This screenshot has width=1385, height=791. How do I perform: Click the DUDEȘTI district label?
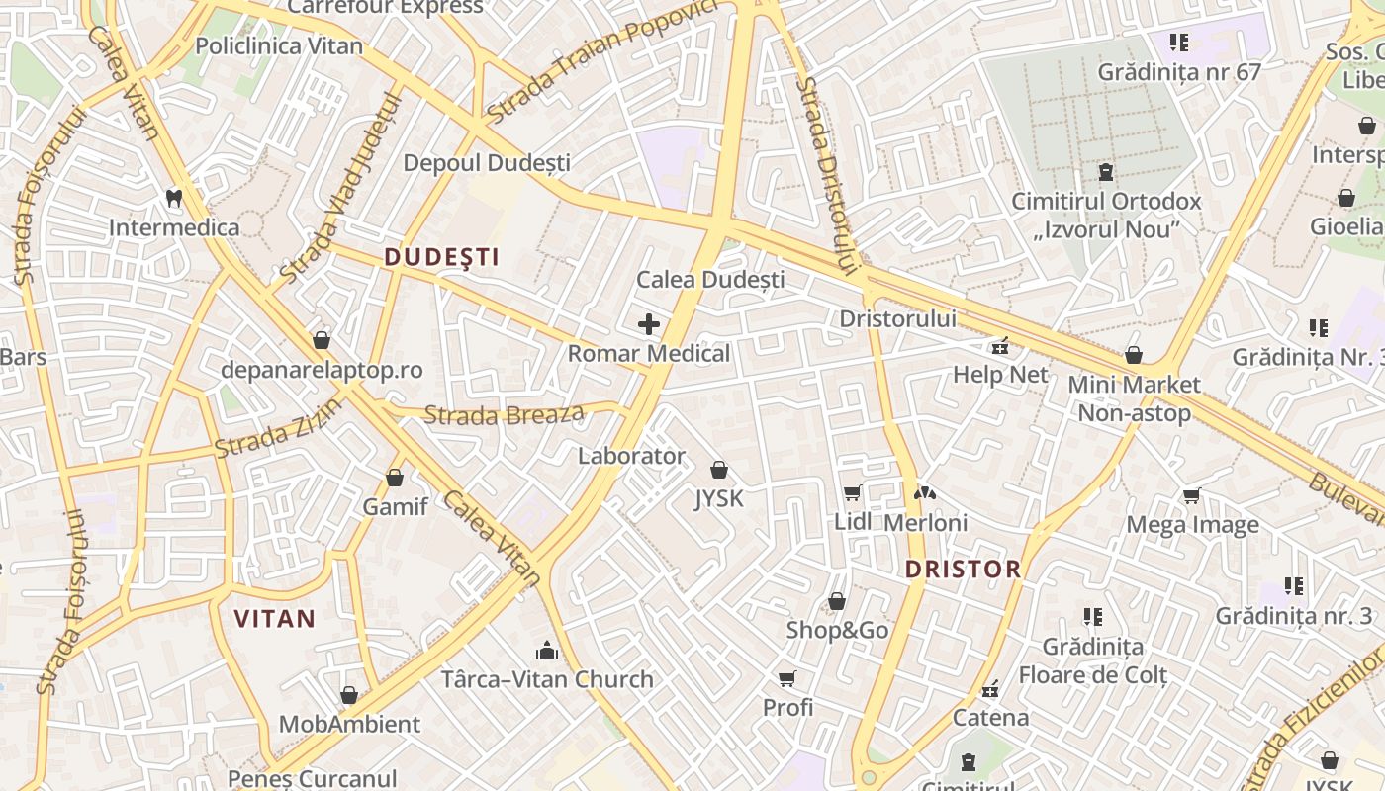click(x=441, y=257)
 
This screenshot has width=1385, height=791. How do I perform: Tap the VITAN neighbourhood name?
click(x=274, y=620)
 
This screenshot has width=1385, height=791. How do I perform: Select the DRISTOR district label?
click(x=963, y=569)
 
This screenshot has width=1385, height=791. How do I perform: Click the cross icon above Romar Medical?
click(x=649, y=324)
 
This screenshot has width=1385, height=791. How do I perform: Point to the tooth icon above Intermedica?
click(x=174, y=199)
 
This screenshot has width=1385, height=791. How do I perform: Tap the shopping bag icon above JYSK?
click(x=719, y=470)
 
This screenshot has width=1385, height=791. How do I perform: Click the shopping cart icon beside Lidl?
click(x=852, y=492)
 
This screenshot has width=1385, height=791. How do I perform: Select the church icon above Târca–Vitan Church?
click(x=547, y=651)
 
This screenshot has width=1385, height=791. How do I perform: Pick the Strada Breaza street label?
click(x=504, y=414)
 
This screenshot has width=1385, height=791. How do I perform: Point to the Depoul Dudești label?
click(x=487, y=162)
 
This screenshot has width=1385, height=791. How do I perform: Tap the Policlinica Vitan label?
click(x=279, y=45)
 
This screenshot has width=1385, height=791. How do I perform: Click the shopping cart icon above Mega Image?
click(x=1192, y=495)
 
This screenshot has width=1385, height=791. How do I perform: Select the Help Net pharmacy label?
click(x=1000, y=375)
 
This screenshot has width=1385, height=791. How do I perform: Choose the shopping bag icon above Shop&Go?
click(x=837, y=601)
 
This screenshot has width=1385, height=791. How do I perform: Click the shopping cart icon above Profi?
click(x=787, y=678)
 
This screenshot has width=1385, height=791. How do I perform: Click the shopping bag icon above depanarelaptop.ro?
click(x=322, y=341)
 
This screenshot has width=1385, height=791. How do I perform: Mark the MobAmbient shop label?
click(x=349, y=724)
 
